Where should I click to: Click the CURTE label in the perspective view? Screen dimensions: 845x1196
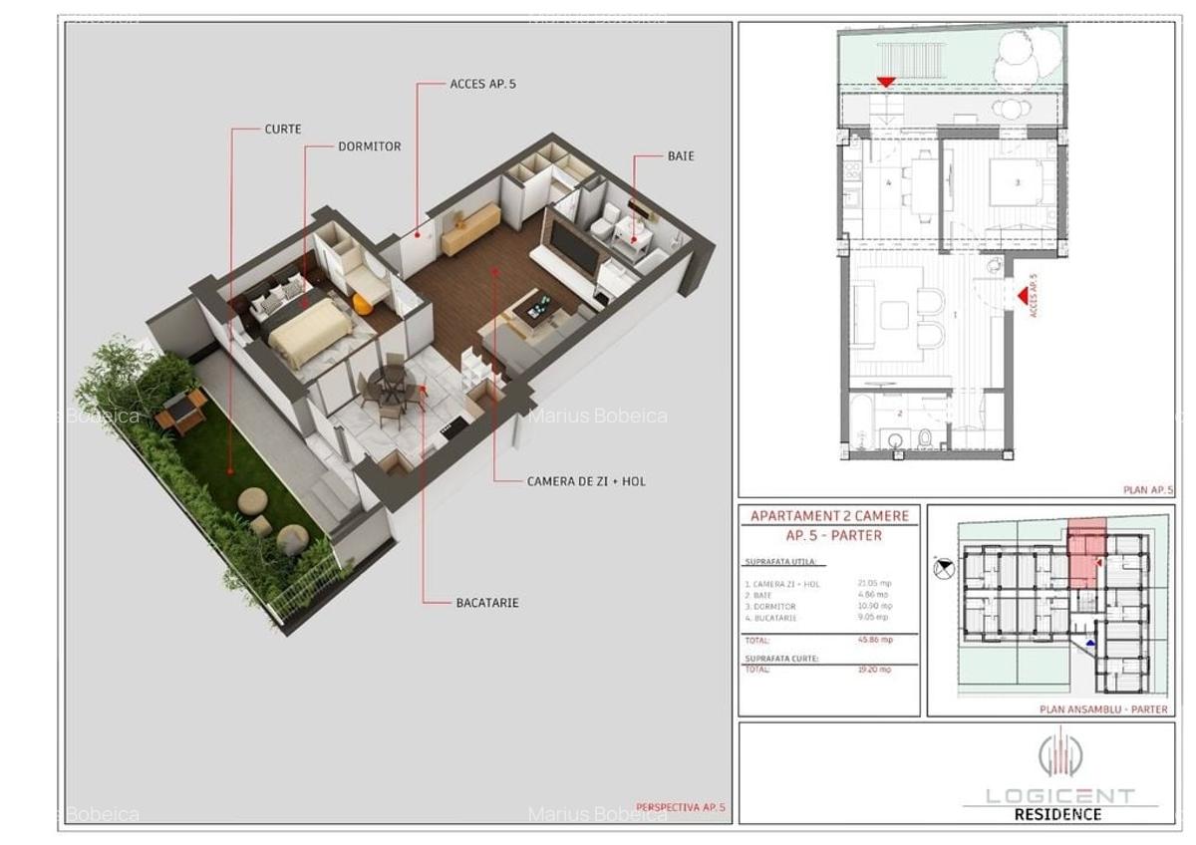(283, 130)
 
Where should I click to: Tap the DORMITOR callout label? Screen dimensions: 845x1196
(369, 146)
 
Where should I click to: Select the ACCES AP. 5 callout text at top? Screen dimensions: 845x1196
(483, 85)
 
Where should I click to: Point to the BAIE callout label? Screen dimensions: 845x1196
(681, 156)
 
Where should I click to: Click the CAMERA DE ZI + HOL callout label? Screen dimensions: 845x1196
(586, 481)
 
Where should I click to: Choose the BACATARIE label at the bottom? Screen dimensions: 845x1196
(487, 603)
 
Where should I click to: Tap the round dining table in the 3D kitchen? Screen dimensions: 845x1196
(388, 384)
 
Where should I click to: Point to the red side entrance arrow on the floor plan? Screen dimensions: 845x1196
(1022, 295)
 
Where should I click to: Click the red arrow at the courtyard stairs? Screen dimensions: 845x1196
(885, 84)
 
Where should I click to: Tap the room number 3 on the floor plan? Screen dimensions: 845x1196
(1017, 183)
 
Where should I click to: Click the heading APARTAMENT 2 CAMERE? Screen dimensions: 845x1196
(829, 516)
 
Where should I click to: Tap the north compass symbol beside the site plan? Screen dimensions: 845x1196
(944, 570)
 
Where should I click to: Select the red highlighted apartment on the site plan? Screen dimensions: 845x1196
(1085, 553)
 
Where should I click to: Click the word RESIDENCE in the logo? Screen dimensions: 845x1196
(1057, 814)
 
